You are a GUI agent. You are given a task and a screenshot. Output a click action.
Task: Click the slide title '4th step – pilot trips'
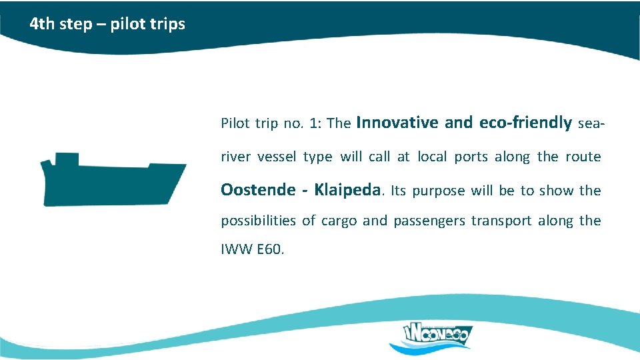[107, 25]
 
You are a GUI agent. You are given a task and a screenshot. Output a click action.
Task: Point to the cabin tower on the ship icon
[66, 160]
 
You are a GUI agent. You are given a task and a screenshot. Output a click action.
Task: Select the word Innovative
[397, 123]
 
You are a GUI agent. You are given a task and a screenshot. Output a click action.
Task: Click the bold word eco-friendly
[526, 123]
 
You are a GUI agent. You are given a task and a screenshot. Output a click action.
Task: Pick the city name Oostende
[258, 190]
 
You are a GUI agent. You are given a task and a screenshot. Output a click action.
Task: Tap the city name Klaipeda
[349, 190]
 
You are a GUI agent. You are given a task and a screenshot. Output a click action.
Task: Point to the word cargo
[338, 221]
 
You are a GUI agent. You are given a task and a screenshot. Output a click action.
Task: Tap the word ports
[471, 157]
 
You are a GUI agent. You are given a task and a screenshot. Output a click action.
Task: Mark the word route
[583, 157]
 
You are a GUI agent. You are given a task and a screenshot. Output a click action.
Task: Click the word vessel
[277, 157]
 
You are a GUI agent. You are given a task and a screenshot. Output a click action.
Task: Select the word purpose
[439, 191]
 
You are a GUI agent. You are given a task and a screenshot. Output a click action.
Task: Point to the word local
[433, 157]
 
